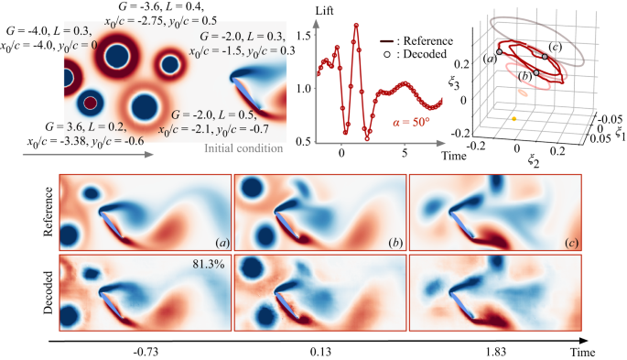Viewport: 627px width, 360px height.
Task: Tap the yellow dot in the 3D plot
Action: pyautogui.click(x=515, y=119)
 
